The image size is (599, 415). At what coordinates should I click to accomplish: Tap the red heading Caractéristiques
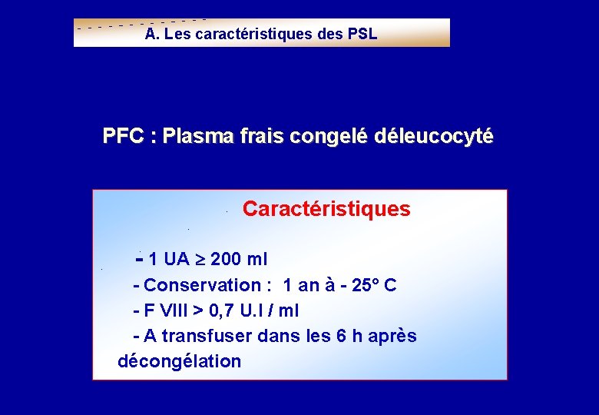[x=326, y=209]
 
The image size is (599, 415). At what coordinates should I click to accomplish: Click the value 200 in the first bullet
[x=225, y=258]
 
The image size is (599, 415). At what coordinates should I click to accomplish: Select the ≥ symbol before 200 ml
[x=201, y=258]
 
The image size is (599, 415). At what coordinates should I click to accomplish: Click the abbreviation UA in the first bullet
[x=177, y=258]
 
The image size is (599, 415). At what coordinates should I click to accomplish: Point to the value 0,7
[x=226, y=311]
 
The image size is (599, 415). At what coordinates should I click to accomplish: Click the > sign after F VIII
[x=197, y=311]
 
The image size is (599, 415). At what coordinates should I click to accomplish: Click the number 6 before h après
[x=342, y=337]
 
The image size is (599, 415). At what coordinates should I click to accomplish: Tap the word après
[x=392, y=337]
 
